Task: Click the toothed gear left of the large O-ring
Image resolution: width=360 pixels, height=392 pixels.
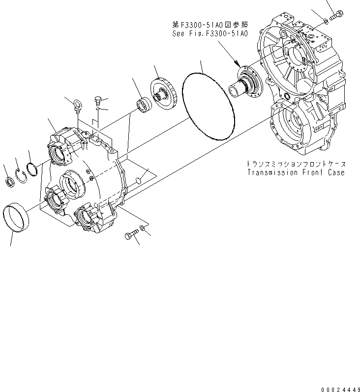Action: point(165,94)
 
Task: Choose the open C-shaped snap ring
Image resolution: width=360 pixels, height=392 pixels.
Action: point(21,175)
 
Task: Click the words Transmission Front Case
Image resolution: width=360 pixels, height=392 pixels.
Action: point(296,172)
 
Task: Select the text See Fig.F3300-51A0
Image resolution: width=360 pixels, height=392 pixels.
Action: point(210,34)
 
